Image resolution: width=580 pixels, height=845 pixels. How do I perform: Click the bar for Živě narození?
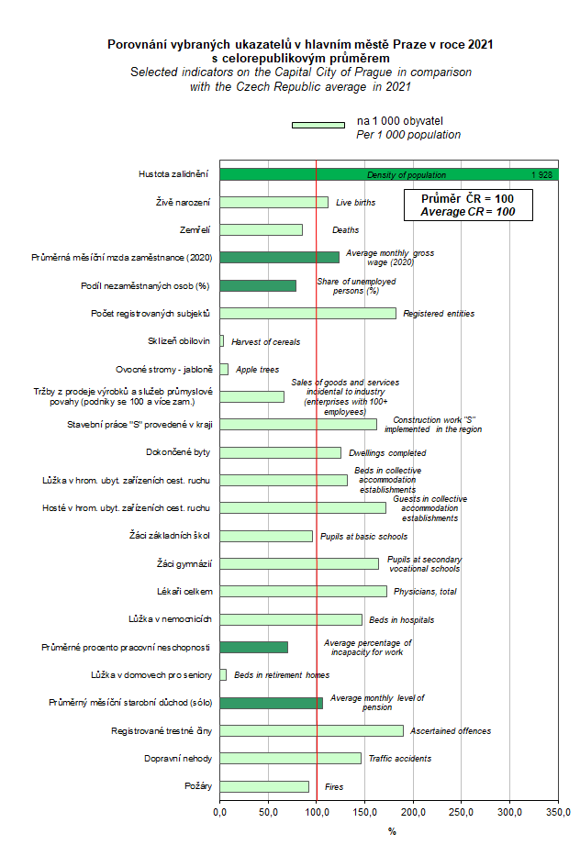273,202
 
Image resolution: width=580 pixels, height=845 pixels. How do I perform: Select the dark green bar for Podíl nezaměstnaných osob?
258,285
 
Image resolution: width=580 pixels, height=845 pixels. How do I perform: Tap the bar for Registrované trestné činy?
311,730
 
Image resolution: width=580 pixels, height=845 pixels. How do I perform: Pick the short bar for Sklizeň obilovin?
221,341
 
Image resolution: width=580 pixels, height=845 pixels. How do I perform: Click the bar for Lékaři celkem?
303,591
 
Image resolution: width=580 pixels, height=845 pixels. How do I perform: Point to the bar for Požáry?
264,786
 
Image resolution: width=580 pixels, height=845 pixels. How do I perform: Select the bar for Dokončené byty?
280,452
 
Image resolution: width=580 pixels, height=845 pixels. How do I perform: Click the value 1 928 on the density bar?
541,174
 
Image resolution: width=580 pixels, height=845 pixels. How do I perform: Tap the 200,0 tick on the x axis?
413,812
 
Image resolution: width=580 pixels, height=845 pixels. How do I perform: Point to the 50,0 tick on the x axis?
268,812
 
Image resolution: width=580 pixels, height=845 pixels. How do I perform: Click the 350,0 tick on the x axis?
558,812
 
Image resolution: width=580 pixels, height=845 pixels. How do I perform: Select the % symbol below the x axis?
392,831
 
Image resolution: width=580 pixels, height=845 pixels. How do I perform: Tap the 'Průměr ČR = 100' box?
467,205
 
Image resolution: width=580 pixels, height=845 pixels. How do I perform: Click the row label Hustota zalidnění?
173,174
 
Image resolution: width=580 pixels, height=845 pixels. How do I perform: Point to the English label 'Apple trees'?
258,370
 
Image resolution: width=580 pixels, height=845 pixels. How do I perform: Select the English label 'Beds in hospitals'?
401,620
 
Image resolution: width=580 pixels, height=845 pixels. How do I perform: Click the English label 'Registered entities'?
439,314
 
